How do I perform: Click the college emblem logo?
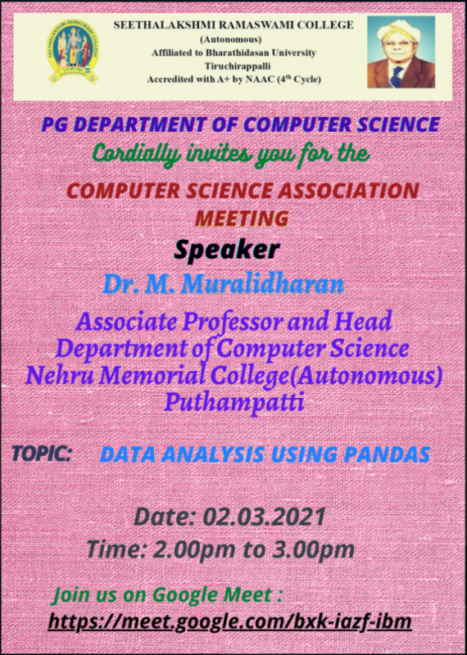point(73,52)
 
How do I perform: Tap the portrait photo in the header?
point(401,52)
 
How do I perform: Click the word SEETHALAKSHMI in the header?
point(165,25)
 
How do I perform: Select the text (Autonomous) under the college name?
point(231,39)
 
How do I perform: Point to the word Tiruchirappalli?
point(238,66)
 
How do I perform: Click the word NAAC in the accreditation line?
point(260,79)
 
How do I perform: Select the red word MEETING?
point(242,219)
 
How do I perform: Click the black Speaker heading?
point(226,250)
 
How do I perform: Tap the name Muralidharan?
point(263,284)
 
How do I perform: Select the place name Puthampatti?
point(233,402)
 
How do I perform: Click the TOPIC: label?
point(42,454)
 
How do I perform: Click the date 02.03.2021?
point(265,517)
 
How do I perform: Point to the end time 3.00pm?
point(313,549)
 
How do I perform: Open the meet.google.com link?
point(230,621)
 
